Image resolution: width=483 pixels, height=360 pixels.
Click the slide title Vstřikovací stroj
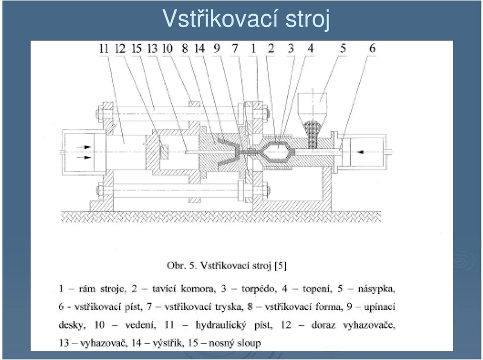point(246,19)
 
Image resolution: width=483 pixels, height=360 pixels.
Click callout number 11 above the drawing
point(104,49)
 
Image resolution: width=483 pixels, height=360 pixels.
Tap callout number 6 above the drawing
point(372,48)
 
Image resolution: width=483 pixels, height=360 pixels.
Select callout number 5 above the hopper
point(343,48)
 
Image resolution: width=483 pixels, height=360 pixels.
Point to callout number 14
point(200,49)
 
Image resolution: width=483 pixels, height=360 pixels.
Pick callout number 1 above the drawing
point(253,48)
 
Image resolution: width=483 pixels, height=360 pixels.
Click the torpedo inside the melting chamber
point(278,151)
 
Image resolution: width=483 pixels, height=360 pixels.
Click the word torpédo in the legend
point(258,289)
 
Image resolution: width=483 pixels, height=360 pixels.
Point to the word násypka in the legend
point(376,289)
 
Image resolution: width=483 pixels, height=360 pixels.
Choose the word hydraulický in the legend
point(220,325)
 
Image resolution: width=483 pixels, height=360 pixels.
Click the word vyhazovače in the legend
point(369,325)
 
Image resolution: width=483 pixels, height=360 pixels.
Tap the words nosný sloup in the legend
point(235,343)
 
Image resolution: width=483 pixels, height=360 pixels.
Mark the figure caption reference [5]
point(281,265)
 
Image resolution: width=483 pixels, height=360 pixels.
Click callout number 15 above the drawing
point(136,49)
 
